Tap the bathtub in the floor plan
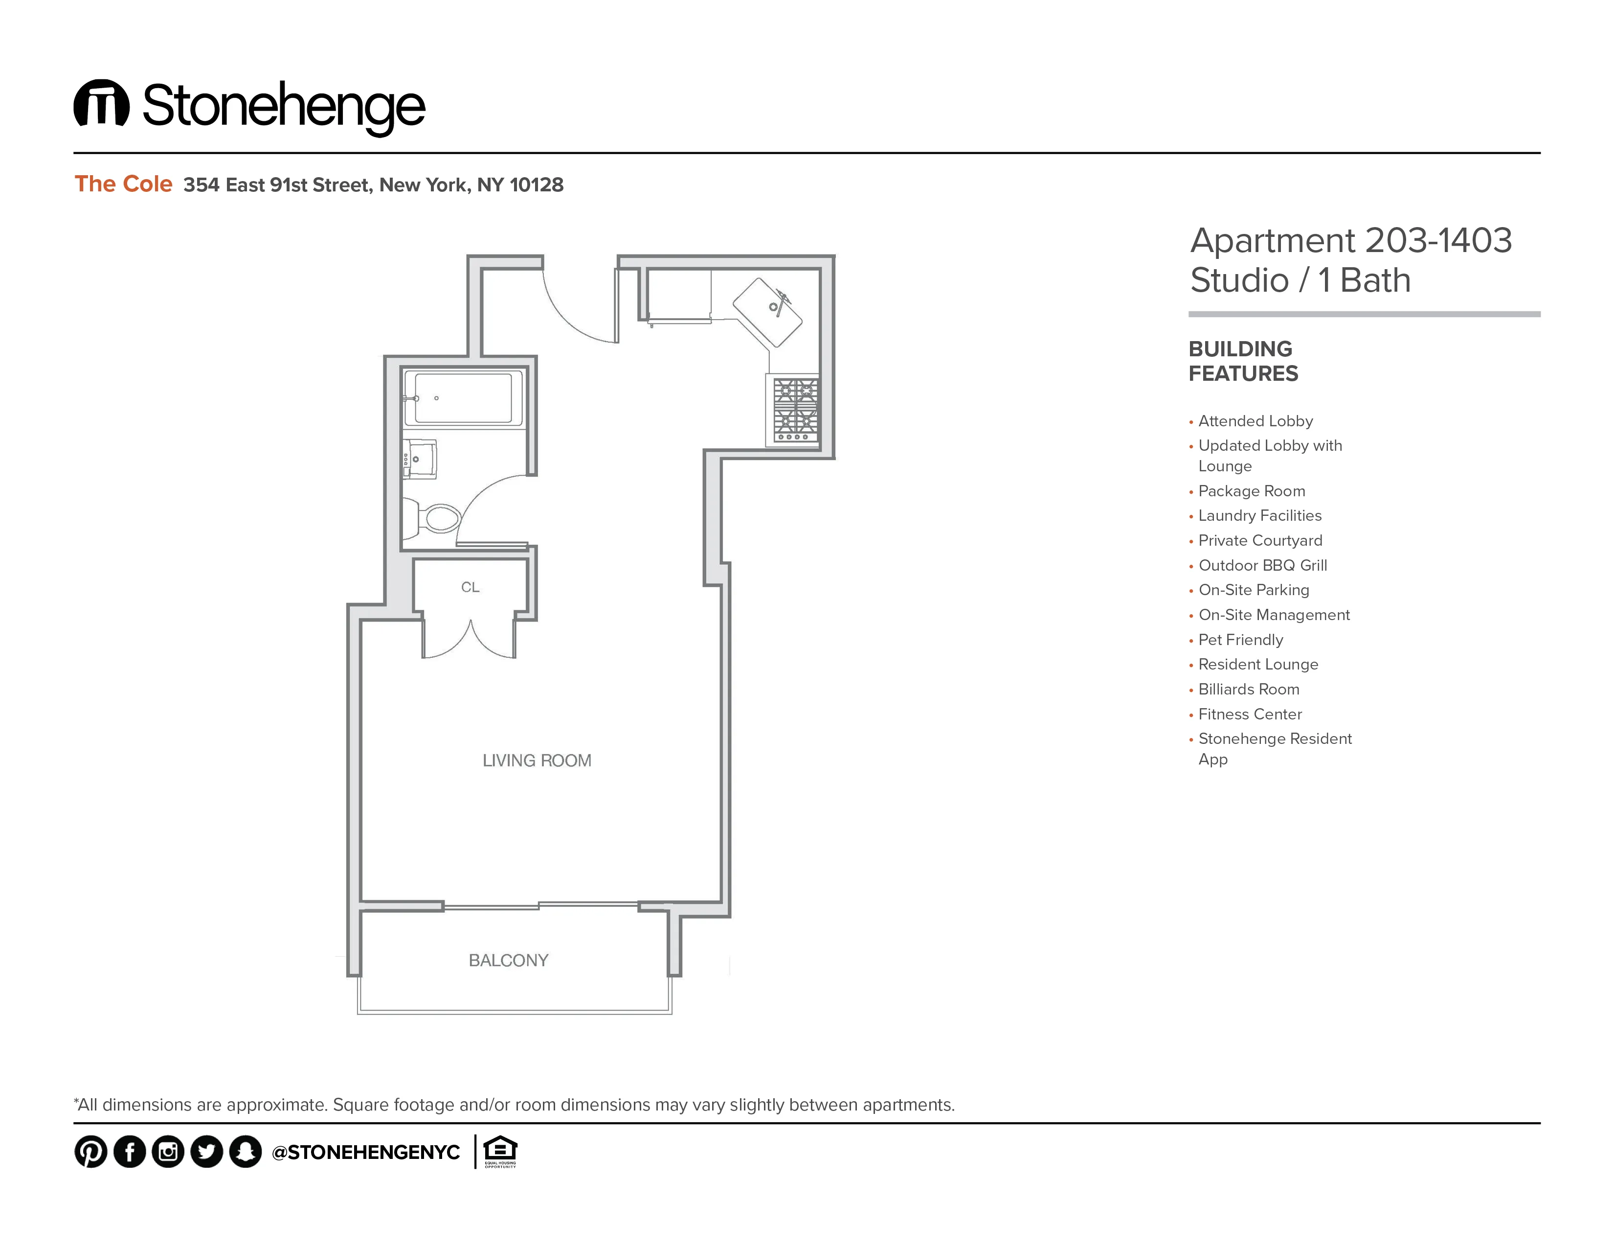coord(463,398)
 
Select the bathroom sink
coord(420,459)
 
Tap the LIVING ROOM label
coord(537,761)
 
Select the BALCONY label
coord(509,960)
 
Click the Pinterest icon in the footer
coord(91,1152)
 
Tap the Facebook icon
coord(129,1152)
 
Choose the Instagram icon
coord(168,1152)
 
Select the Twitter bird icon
coord(206,1152)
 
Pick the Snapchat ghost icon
coord(246,1152)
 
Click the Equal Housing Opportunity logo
coord(500,1151)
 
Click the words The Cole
coord(123,184)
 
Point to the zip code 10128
coord(537,185)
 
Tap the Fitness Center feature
coord(1250,714)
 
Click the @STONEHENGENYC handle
coord(366,1153)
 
